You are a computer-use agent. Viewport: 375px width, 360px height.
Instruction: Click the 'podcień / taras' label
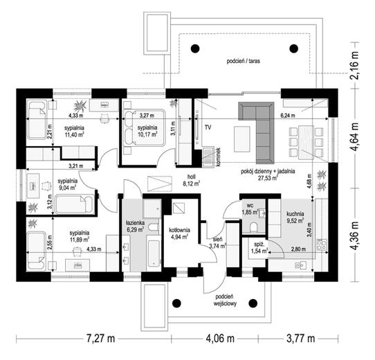(244, 61)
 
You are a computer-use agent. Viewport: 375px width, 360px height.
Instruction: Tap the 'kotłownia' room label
(179, 230)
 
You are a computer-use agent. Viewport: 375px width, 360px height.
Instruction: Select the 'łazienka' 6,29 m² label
(135, 226)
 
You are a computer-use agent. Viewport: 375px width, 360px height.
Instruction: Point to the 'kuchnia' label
(295, 214)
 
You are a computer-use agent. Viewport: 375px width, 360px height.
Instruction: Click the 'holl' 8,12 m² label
(192, 180)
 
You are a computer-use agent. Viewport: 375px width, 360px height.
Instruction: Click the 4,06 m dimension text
(220, 339)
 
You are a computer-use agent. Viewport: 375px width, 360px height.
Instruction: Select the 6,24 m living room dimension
(288, 116)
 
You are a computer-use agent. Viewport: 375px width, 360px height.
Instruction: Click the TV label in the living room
(208, 127)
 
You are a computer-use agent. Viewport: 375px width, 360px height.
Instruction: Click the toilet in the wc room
(253, 226)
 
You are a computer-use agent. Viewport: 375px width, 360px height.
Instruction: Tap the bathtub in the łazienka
(154, 253)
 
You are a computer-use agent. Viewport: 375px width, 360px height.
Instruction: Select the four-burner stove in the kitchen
(322, 244)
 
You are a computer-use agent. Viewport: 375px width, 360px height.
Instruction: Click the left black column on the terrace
(195, 48)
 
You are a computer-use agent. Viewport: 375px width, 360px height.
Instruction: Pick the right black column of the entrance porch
(253, 303)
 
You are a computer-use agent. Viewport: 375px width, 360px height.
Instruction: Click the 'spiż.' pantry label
(259, 244)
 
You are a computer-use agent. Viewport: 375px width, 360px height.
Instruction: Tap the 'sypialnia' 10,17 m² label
(147, 131)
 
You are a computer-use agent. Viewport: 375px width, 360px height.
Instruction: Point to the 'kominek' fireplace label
(217, 157)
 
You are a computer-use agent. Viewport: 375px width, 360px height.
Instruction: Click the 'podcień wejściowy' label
(225, 300)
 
